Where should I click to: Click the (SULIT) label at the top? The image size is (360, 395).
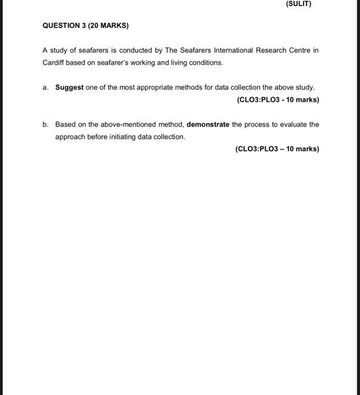[x=298, y=4]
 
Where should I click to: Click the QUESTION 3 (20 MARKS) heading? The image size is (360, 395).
[x=86, y=26]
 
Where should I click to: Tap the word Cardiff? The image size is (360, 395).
[x=54, y=63]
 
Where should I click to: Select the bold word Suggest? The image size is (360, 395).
[x=69, y=88]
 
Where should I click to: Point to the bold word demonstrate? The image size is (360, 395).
[x=208, y=125]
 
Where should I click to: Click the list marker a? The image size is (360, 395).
[x=46, y=88]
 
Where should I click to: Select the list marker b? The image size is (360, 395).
[x=46, y=125]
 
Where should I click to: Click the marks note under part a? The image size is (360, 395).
[x=277, y=100]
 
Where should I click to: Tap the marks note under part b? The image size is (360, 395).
[x=277, y=149]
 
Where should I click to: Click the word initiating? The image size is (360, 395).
[x=120, y=137]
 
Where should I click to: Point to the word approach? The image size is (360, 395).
[x=69, y=137]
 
